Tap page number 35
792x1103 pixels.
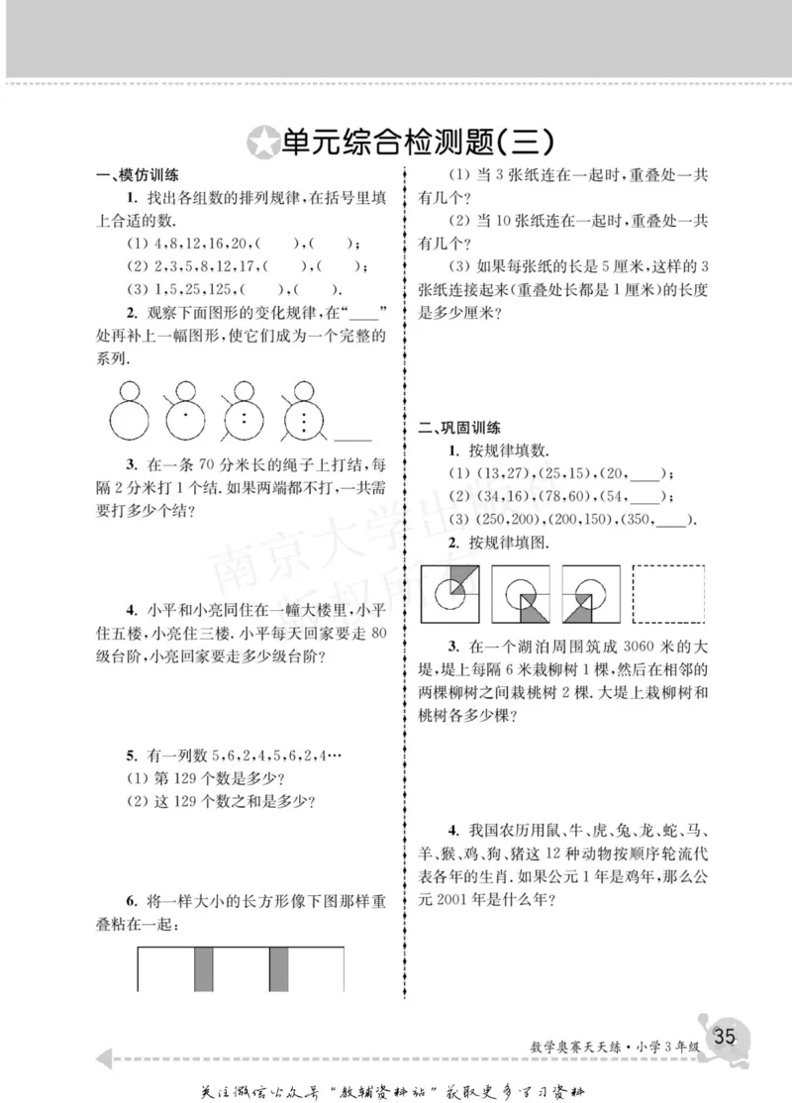pyautogui.click(x=724, y=1036)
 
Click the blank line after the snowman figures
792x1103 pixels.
pyautogui.click(x=353, y=437)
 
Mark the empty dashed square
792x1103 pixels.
pyautogui.click(x=668, y=592)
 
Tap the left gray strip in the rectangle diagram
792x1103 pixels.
pyautogui.click(x=203, y=967)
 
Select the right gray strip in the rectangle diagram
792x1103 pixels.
pyautogui.click(x=279, y=967)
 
